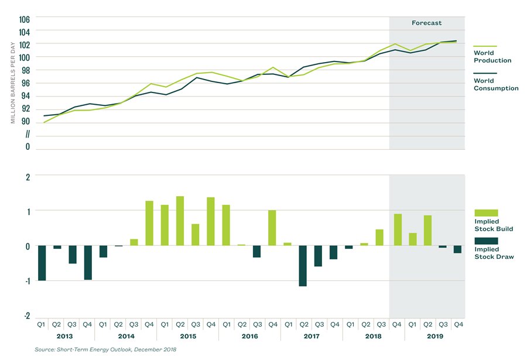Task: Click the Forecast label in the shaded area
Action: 427,23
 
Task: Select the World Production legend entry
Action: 492,56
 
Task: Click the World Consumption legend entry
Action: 495,84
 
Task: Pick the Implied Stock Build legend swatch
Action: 485,212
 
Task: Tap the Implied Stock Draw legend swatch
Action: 485,241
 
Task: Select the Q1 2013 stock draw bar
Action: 41,263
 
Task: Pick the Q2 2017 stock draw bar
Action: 303,266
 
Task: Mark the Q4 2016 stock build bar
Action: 272,228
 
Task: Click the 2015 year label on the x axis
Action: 188,336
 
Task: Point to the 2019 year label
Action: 434,336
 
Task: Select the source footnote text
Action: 105,349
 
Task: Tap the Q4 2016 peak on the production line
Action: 272,67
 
